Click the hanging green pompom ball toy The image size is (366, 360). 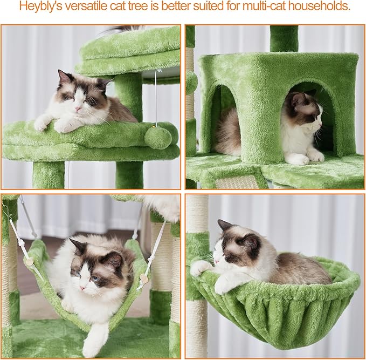coord(158,138)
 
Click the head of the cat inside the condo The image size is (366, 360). coord(305,108)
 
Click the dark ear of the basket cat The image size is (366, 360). coord(251,241)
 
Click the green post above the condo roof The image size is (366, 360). coord(284,38)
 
